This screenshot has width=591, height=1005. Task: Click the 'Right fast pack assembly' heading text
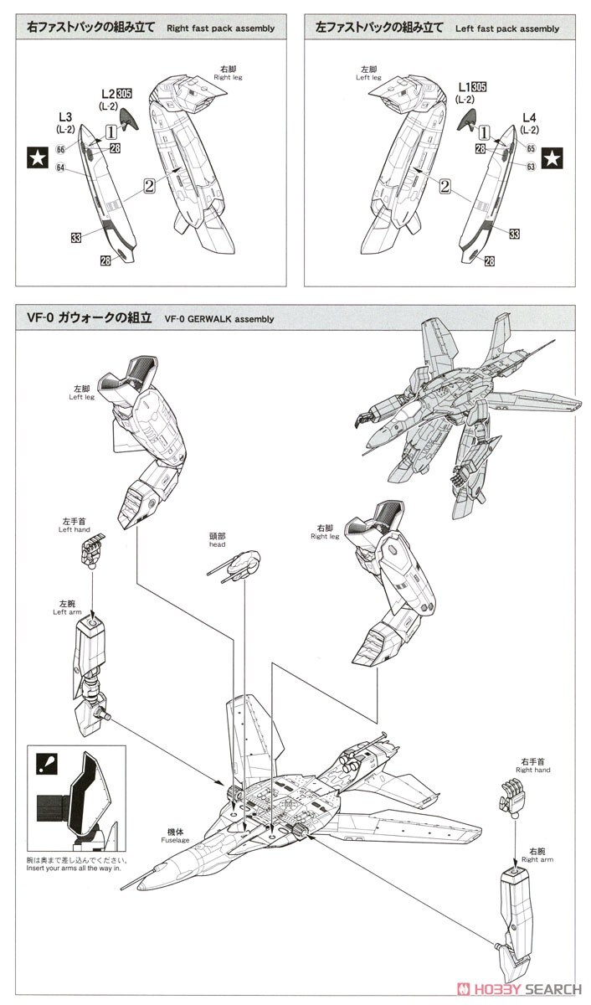(x=220, y=28)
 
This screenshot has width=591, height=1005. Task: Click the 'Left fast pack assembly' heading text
(x=506, y=28)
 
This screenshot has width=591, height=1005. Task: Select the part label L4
(x=529, y=117)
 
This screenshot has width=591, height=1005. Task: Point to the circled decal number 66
(x=60, y=149)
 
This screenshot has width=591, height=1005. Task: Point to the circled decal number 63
(x=531, y=167)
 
